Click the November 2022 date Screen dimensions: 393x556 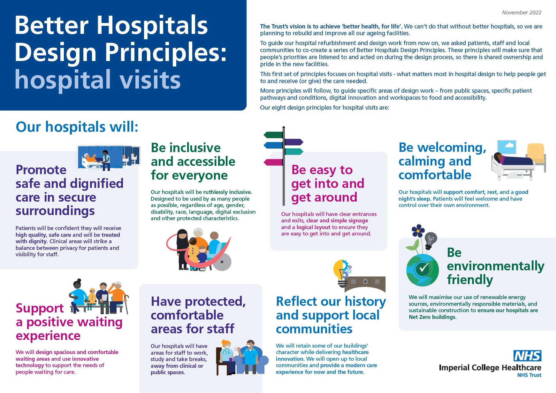(522, 12)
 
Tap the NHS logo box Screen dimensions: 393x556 (527, 356)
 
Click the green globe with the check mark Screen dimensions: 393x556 (422, 270)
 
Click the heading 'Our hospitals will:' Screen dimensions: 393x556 (77, 127)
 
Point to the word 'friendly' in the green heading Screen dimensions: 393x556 (470, 280)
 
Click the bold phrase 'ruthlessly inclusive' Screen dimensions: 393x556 (227, 192)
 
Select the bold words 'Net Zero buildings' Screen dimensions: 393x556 (432, 317)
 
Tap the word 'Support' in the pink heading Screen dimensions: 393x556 (40, 308)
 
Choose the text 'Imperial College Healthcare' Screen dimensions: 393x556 (490, 367)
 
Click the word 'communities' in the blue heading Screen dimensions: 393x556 (314, 329)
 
